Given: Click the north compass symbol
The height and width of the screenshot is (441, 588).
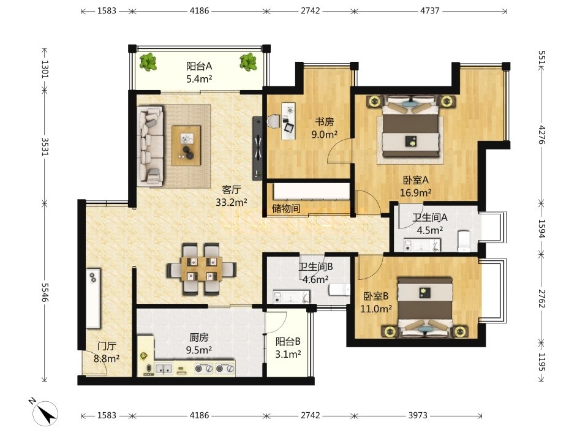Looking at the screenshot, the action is pyautogui.click(x=45, y=413).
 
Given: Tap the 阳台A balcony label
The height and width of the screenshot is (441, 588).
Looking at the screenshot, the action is pyautogui.click(x=199, y=66).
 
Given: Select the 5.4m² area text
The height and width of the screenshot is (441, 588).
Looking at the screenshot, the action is pyautogui.click(x=199, y=79).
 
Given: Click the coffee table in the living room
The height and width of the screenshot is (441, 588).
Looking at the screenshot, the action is pyautogui.click(x=186, y=145).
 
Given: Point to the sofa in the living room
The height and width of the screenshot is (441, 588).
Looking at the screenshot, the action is pyautogui.click(x=151, y=146).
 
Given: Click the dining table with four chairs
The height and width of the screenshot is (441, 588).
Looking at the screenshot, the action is pyautogui.click(x=202, y=269).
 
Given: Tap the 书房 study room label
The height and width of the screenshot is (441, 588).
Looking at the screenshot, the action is pyautogui.click(x=324, y=121).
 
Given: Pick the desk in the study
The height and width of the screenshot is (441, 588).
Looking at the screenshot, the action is pyautogui.click(x=288, y=121).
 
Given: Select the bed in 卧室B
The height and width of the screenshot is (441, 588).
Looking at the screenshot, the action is pyautogui.click(x=425, y=307).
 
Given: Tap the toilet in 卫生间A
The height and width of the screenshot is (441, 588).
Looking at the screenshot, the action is pyautogui.click(x=464, y=241).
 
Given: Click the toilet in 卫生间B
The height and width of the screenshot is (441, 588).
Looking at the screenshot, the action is pyautogui.click(x=339, y=290).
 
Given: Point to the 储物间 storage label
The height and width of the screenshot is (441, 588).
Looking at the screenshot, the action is pyautogui.click(x=286, y=208).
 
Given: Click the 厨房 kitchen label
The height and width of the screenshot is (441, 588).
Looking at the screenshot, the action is pyautogui.click(x=198, y=337).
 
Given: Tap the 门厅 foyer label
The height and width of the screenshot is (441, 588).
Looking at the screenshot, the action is pyautogui.click(x=107, y=345).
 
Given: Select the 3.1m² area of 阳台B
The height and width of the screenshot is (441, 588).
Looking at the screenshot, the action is pyautogui.click(x=288, y=355).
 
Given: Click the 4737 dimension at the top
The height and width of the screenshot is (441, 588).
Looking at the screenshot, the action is pyautogui.click(x=429, y=10).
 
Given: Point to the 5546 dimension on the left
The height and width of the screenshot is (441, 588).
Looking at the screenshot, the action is pyautogui.click(x=45, y=292).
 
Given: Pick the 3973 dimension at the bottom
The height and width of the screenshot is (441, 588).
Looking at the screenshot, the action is pyautogui.click(x=418, y=415).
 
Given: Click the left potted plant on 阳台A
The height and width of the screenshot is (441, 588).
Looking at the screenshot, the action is pyautogui.click(x=148, y=62).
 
